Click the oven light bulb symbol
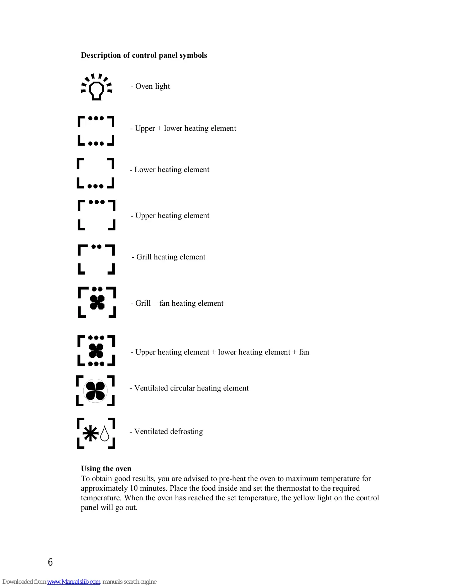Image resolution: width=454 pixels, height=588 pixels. pyautogui.click(x=96, y=88)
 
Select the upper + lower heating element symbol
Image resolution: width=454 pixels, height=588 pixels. pyautogui.click(x=96, y=131)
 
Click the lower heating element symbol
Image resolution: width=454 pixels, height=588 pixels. pyautogui.click(x=95, y=173)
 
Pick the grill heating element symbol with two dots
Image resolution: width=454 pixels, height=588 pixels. pyautogui.click(x=96, y=259)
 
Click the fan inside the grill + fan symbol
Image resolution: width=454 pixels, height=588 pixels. pyautogui.click(x=97, y=303)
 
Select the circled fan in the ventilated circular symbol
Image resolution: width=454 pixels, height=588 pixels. pyautogui.click(x=95, y=391)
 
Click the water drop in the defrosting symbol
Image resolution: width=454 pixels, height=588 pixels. pyautogui.click(x=105, y=434)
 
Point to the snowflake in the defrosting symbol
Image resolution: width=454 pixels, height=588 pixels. pyautogui.click(x=90, y=433)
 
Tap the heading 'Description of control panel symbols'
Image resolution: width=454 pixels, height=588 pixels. pyautogui.click(x=144, y=55)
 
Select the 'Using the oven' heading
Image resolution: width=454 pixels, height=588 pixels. pyautogui.click(x=106, y=469)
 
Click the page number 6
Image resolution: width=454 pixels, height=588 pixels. pyautogui.click(x=50, y=562)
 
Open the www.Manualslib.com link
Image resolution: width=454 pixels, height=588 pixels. pyautogui.click(x=74, y=582)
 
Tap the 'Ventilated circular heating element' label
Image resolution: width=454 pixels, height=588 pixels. pyautogui.click(x=191, y=388)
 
